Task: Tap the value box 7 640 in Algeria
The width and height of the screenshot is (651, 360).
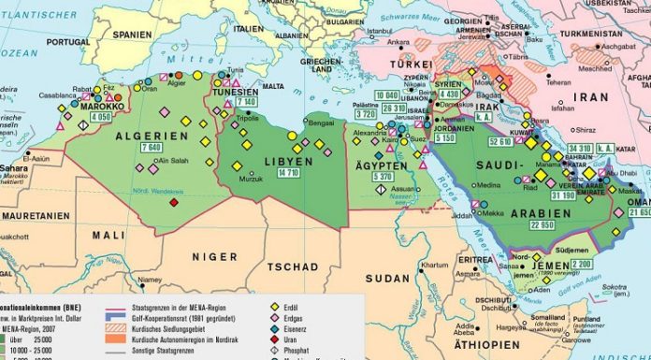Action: (x=152, y=148)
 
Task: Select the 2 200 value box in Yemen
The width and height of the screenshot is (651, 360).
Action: (x=582, y=265)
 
